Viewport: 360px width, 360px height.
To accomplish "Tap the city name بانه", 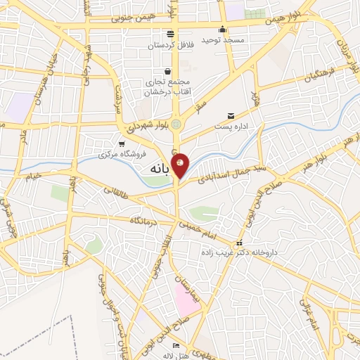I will (161, 170).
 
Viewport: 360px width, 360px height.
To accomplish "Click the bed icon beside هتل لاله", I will (176, 347).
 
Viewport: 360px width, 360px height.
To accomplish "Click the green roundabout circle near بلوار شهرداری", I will (176, 124).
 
